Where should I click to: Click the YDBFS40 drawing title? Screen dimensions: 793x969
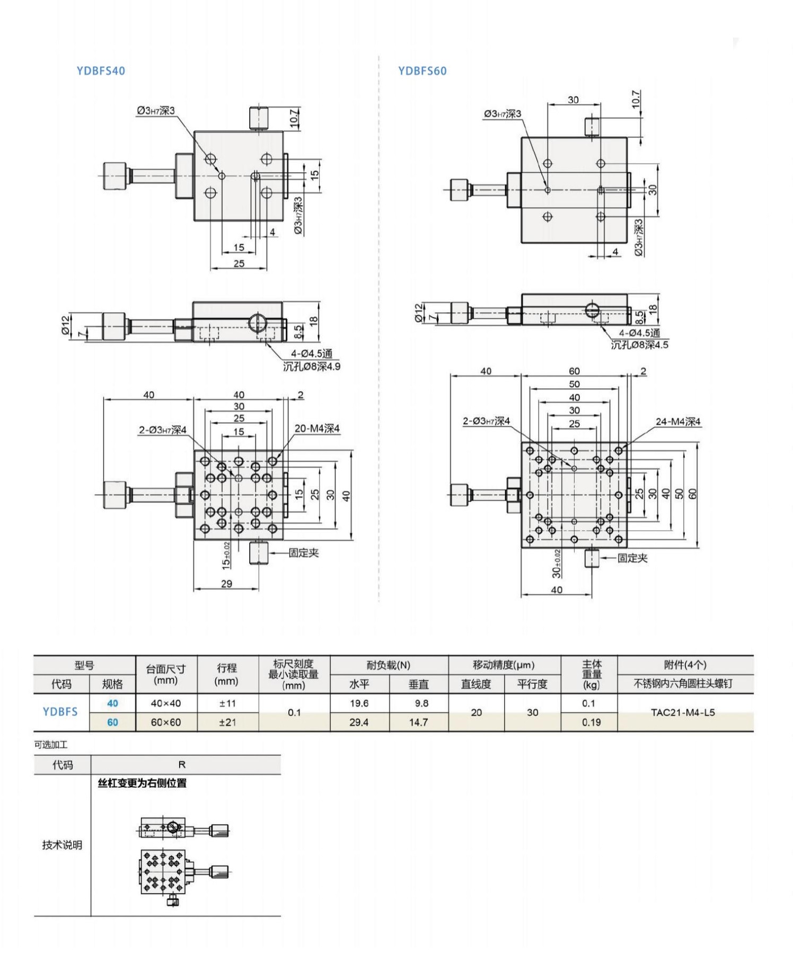[101, 71]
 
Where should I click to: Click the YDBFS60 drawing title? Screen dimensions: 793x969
[422, 71]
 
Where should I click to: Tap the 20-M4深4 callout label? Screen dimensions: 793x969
[317, 428]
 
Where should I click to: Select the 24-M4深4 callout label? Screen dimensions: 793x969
[678, 422]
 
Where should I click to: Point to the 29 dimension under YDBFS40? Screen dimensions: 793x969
[226, 584]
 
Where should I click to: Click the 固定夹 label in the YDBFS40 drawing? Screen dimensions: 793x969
[304, 553]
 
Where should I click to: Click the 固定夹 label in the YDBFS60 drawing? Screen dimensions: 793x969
[632, 558]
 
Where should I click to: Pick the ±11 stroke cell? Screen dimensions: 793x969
[227, 703]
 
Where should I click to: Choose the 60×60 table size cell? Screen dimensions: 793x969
[166, 722]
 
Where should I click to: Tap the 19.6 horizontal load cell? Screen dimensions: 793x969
[359, 703]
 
